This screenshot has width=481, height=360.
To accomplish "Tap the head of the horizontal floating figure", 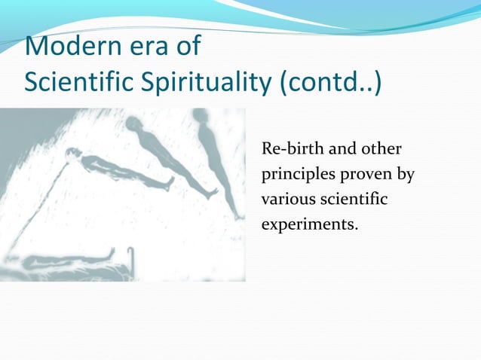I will coord(72,154).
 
